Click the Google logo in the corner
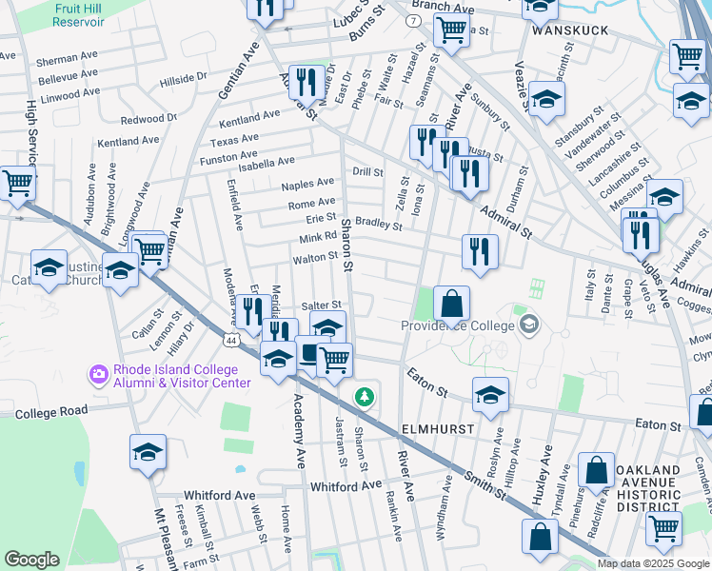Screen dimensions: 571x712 point(31,560)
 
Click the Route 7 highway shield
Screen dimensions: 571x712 point(413,20)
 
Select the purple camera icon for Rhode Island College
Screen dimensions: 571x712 point(97,375)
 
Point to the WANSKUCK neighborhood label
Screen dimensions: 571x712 point(569,30)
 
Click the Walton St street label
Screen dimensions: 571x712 point(315,257)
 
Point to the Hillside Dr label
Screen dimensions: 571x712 point(183,76)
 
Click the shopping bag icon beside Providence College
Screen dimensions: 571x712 point(453,303)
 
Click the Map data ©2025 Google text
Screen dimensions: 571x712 point(654,563)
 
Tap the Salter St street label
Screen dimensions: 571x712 point(321,305)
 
